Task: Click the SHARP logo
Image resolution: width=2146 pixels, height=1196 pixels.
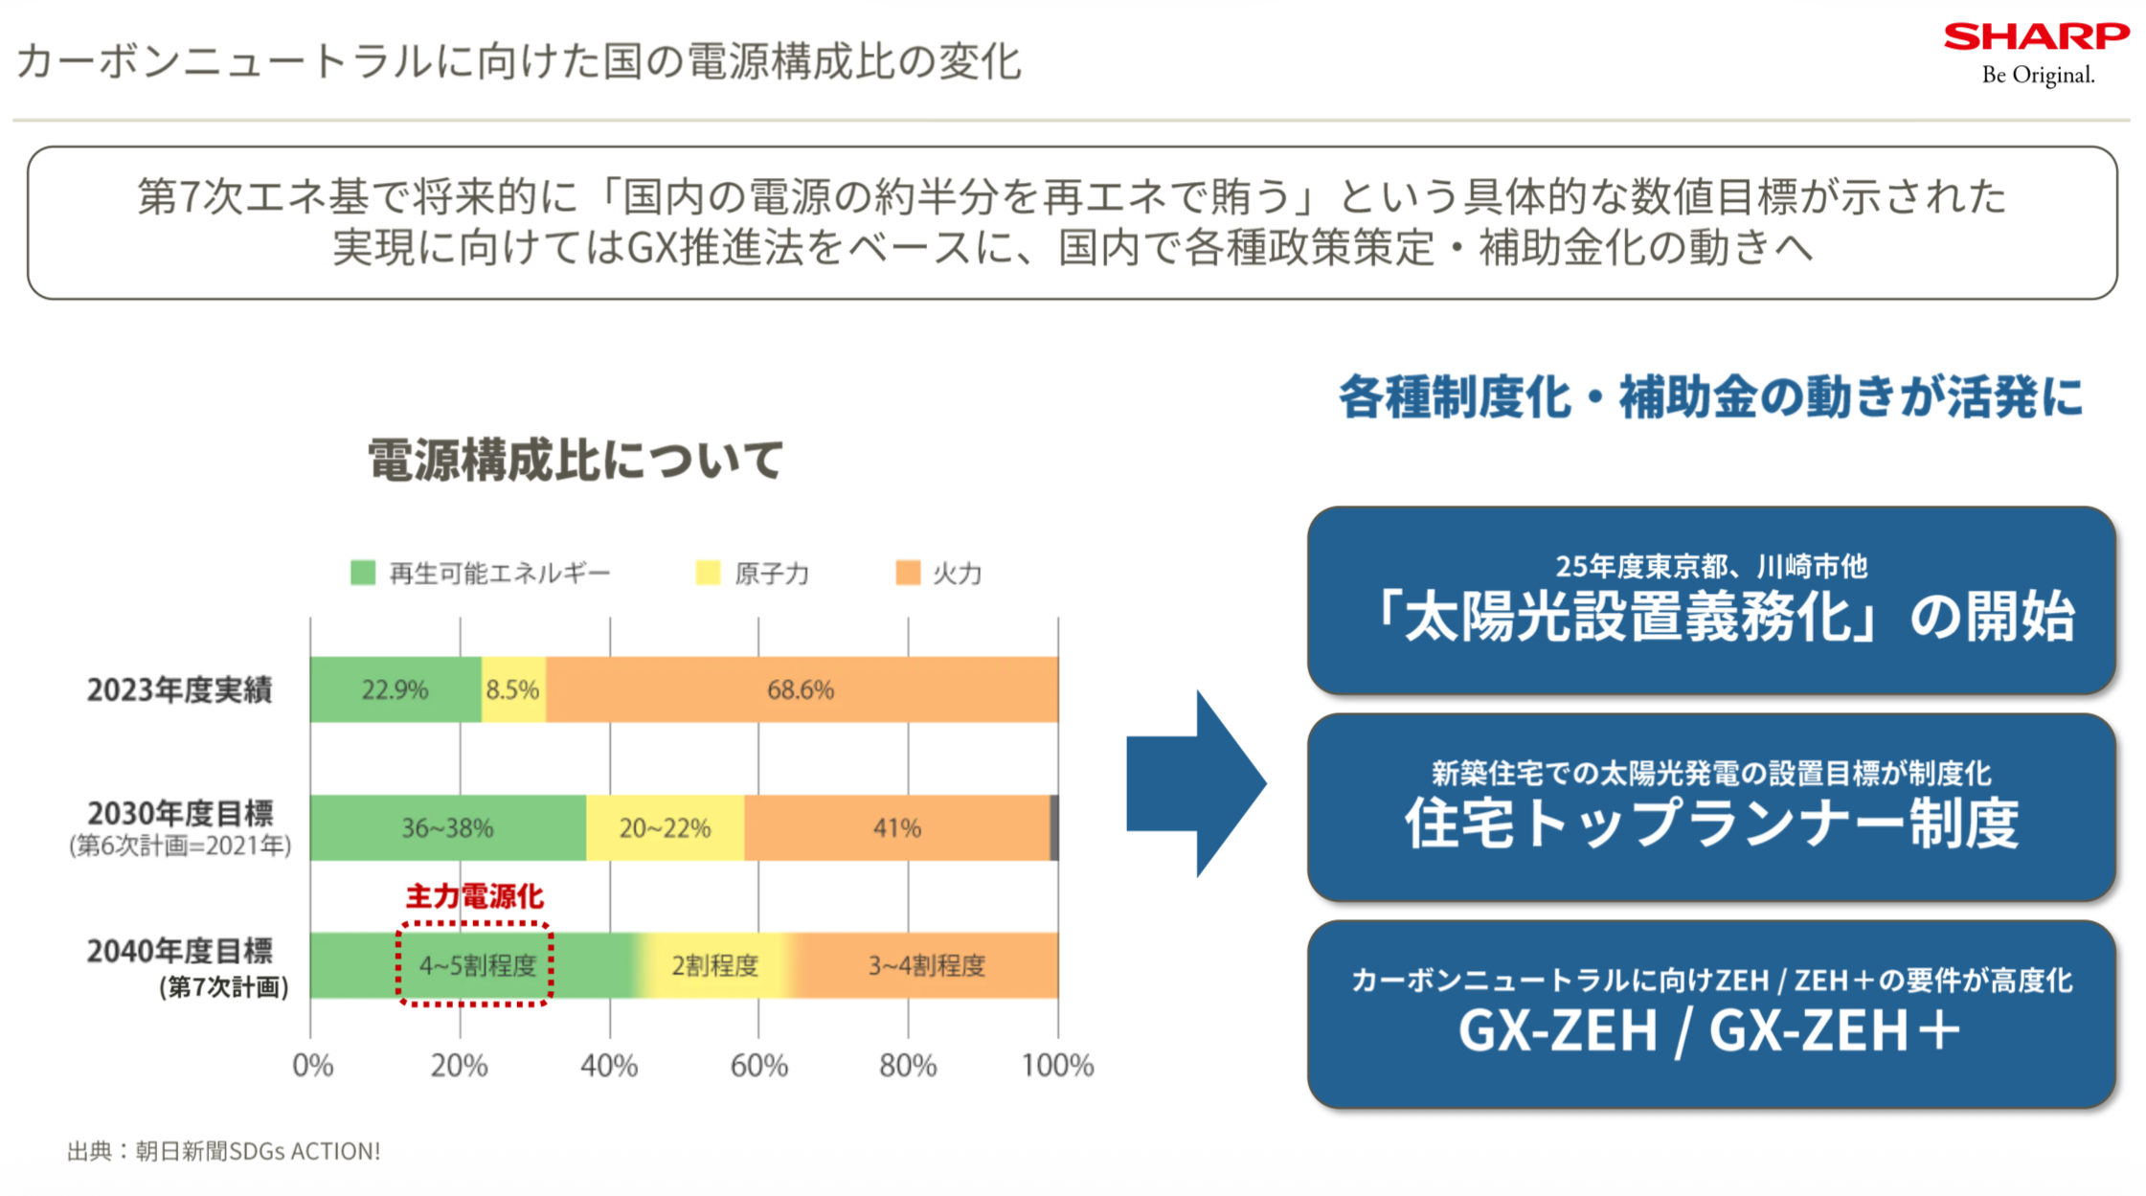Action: (x=2036, y=37)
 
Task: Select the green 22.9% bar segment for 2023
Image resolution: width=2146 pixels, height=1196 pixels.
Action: (x=395, y=689)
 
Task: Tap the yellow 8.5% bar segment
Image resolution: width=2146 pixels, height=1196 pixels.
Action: (x=513, y=689)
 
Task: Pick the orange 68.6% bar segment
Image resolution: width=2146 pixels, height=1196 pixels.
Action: (x=801, y=689)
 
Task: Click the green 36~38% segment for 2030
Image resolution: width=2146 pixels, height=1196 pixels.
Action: (x=447, y=827)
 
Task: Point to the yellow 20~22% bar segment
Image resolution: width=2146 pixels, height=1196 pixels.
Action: (x=665, y=827)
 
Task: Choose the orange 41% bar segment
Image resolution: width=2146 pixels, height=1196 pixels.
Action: (x=896, y=827)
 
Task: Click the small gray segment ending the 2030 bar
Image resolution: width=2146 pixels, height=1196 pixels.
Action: (x=1054, y=827)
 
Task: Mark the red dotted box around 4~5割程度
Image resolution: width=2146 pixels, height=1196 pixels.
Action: (x=475, y=964)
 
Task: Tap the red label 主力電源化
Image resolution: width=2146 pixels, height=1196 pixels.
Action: (x=475, y=897)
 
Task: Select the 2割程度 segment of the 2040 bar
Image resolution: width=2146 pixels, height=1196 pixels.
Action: (x=714, y=965)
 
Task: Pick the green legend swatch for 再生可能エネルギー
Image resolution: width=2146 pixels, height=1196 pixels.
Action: (x=363, y=573)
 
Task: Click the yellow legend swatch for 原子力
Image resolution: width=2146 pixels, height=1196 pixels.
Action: (x=708, y=573)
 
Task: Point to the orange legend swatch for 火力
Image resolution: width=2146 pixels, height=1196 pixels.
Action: (x=908, y=573)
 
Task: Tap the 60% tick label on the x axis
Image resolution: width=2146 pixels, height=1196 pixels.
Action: (x=758, y=1066)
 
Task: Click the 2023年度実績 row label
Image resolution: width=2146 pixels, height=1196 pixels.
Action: (x=179, y=689)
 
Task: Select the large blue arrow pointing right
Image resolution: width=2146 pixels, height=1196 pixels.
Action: (x=1197, y=783)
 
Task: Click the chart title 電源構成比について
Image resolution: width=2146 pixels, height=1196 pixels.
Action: (x=576, y=460)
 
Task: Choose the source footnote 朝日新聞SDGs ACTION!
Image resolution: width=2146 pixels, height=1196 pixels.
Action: (x=224, y=1151)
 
